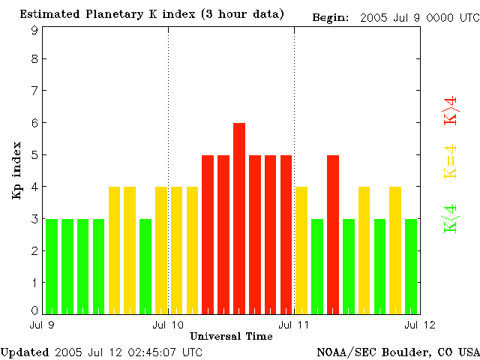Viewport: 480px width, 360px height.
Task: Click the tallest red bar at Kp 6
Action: (x=239, y=217)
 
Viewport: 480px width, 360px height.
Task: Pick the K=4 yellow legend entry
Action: (x=451, y=162)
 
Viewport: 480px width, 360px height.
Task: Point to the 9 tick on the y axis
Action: (x=34, y=30)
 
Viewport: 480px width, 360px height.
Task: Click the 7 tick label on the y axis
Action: (x=34, y=91)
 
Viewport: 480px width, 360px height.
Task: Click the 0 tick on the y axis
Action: (x=34, y=310)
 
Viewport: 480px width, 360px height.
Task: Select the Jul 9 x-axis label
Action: (x=42, y=324)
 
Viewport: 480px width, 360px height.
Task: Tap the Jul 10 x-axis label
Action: (x=168, y=324)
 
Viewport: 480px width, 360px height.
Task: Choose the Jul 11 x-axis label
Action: (x=294, y=324)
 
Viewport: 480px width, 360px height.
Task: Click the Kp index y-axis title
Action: (x=16, y=170)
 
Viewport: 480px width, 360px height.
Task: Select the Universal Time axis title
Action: (x=231, y=336)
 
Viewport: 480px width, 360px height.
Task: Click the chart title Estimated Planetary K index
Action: (x=151, y=14)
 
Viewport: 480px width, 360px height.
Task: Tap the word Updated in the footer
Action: (x=25, y=352)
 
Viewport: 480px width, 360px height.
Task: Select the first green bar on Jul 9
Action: (x=52, y=266)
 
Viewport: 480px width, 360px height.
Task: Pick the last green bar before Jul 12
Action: (x=411, y=266)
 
